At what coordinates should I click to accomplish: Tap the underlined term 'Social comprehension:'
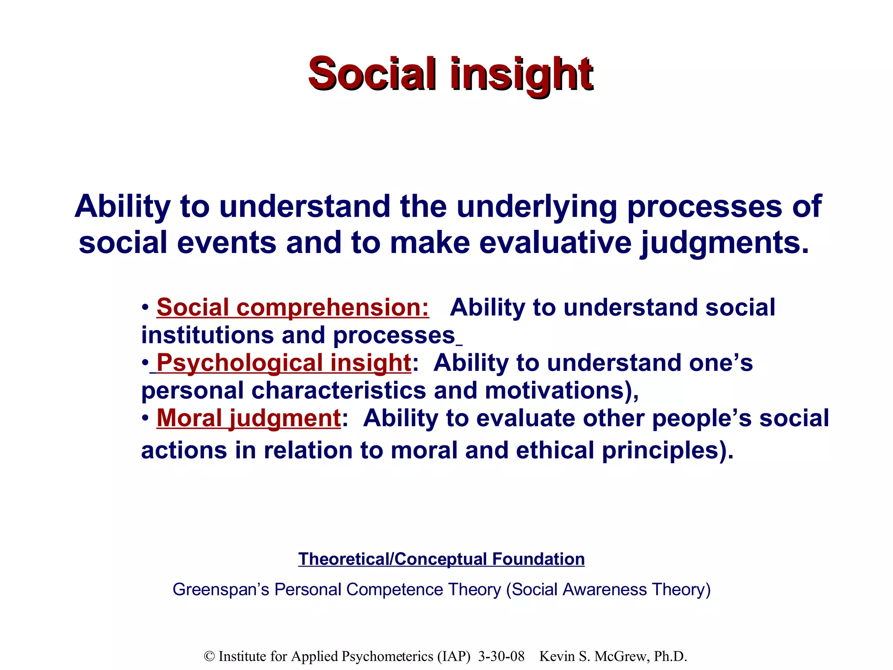pos(293,308)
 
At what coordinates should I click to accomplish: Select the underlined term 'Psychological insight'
pos(283,363)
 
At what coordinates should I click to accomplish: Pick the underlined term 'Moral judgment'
pos(249,418)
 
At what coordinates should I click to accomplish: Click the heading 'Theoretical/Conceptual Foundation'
pos(441,559)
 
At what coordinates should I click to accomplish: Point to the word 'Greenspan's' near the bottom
pos(221,590)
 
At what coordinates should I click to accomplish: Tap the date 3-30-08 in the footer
pos(501,656)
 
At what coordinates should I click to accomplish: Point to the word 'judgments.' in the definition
pos(724,243)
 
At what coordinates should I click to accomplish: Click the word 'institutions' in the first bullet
pos(208,335)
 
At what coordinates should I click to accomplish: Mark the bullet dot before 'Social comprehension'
pos(146,308)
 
